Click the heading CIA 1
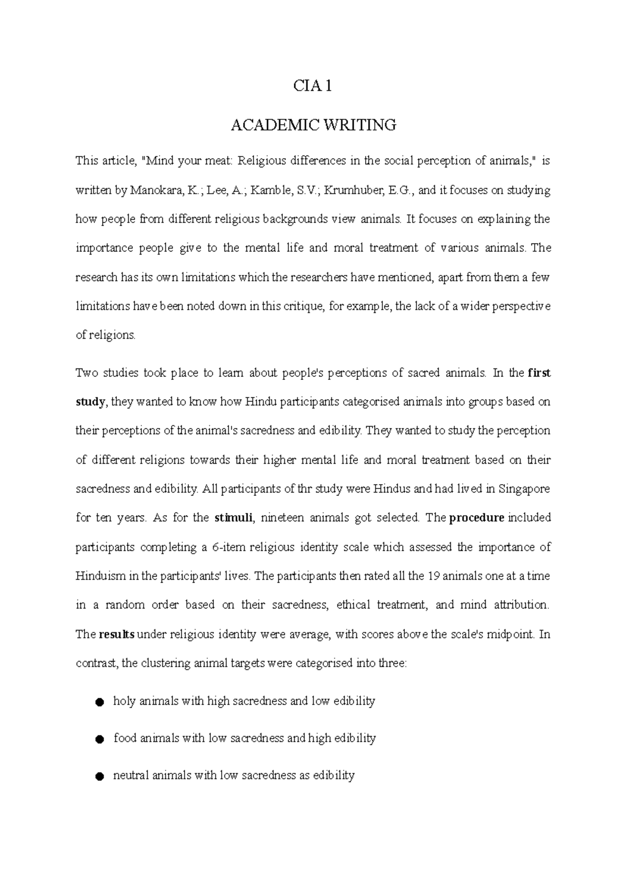click(313, 86)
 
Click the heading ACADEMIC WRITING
click(313, 125)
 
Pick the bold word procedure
click(476, 518)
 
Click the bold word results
click(117, 635)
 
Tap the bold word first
click(539, 373)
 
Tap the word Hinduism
click(100, 577)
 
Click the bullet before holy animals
click(99, 702)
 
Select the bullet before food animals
click(99, 739)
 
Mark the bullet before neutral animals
click(99, 776)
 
